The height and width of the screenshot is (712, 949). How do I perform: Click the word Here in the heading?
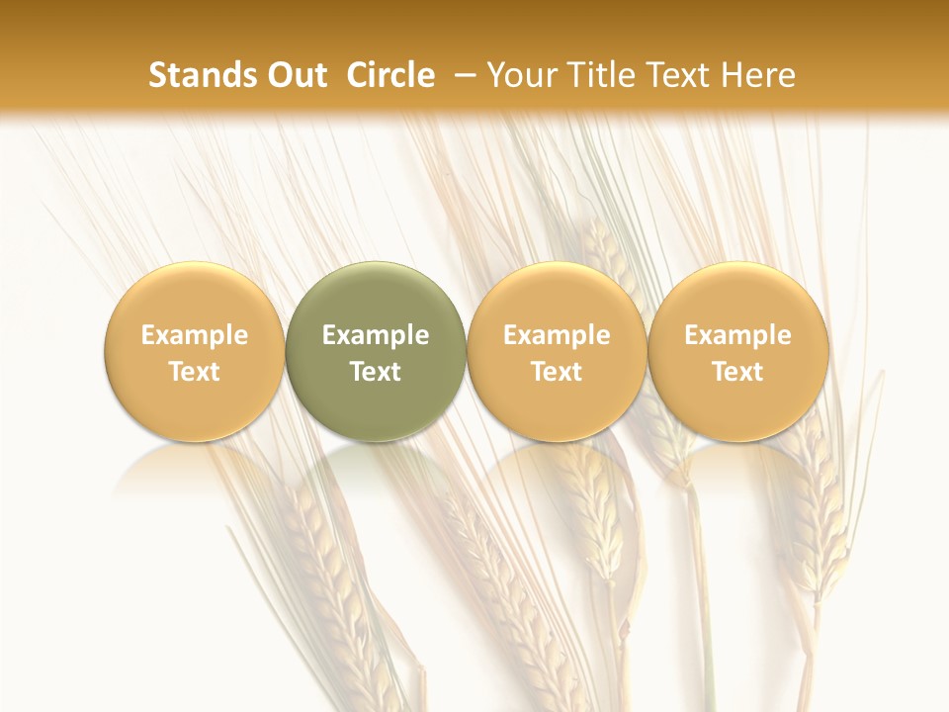(758, 75)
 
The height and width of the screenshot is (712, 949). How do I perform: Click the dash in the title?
(465, 75)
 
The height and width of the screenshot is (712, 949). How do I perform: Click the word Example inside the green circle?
(376, 335)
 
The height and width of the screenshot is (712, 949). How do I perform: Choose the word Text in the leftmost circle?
(194, 372)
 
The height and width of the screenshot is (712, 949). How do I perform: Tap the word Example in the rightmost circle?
(737, 335)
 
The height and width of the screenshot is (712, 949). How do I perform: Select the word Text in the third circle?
(557, 372)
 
